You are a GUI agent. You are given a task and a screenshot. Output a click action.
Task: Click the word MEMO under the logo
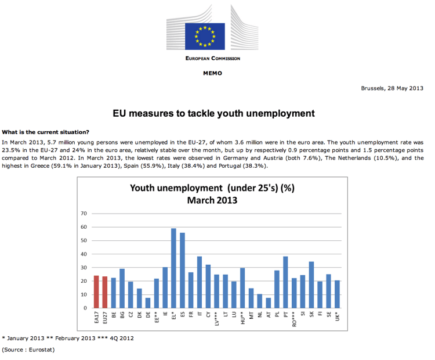tap(212, 73)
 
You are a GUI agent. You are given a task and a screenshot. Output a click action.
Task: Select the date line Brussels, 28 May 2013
tap(392, 88)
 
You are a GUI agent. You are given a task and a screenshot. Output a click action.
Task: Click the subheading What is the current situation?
tap(46, 131)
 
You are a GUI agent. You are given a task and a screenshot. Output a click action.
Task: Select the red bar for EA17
tap(96, 291)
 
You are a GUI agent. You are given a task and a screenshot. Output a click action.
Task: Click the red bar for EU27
tap(105, 292)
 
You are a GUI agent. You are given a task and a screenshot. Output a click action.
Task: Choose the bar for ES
tap(182, 270)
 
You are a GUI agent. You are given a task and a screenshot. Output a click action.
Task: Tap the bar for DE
tap(148, 303)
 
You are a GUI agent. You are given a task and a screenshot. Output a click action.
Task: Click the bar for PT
tap(285, 282)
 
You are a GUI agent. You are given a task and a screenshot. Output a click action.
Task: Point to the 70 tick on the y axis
tap(84, 214)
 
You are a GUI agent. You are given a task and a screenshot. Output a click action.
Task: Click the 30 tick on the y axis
tap(84, 268)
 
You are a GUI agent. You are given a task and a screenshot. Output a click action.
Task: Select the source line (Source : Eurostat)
tap(28, 350)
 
